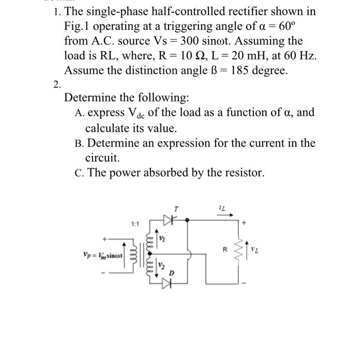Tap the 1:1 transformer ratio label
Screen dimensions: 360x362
click(136, 224)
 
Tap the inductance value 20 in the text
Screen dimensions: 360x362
click(217, 55)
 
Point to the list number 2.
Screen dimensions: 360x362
click(57, 84)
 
